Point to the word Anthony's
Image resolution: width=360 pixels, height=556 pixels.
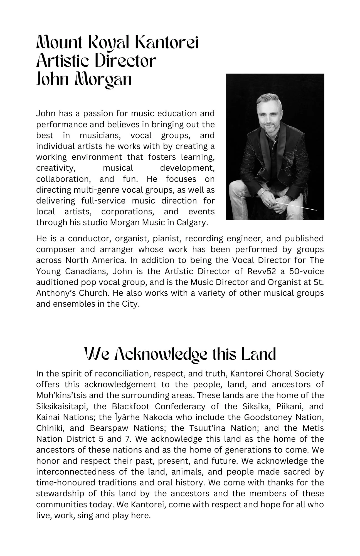[54, 293]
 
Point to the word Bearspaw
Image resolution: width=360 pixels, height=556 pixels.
[108, 428]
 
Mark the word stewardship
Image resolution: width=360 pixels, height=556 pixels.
[60, 493]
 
